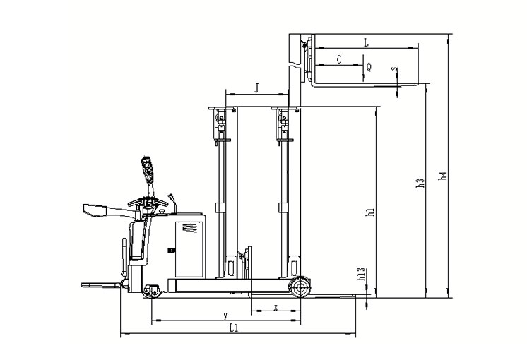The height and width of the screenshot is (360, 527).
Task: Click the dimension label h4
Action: click(444, 176)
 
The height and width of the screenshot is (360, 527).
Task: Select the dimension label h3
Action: click(420, 183)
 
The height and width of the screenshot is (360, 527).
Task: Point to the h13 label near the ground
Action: click(361, 274)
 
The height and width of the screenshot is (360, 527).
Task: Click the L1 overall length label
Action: click(234, 328)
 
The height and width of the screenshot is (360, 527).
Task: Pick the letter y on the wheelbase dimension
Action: click(226, 316)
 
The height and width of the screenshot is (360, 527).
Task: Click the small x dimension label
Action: click(276, 307)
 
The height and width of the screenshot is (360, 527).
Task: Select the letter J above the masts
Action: click(256, 88)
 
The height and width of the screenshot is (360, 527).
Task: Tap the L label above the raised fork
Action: click(367, 42)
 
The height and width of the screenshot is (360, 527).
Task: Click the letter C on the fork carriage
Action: click(339, 59)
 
